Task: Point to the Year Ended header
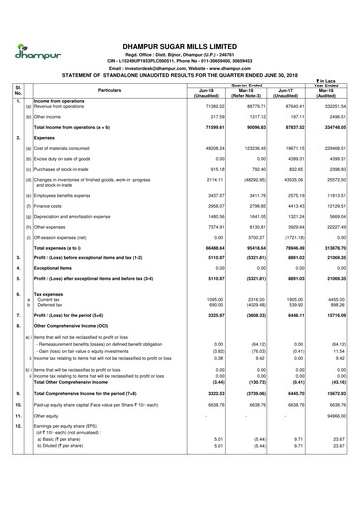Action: coord(328,84)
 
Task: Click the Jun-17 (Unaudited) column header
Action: coord(285,93)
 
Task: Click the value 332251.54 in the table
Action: coord(330,104)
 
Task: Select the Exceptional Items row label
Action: coord(60,269)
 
